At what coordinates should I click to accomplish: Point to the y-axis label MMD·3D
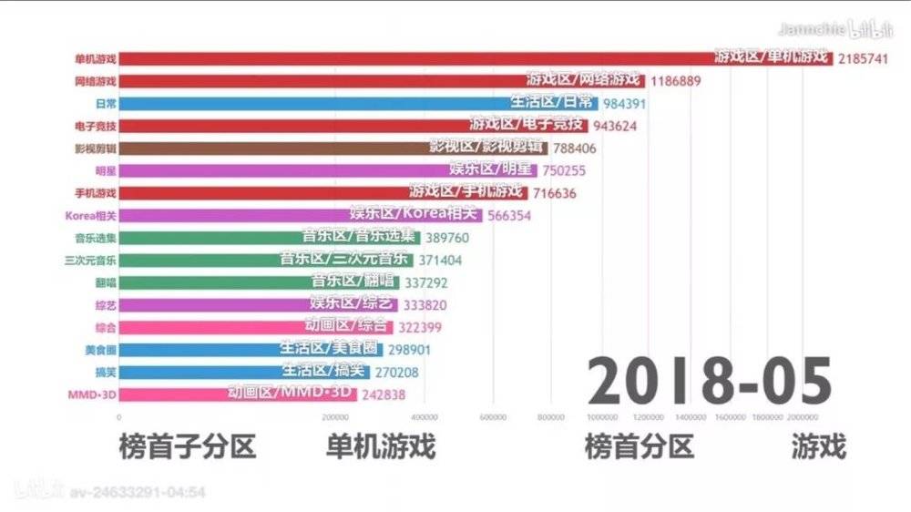click(x=92, y=394)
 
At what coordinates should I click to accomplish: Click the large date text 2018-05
click(x=709, y=381)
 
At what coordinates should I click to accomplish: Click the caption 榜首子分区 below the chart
click(x=187, y=447)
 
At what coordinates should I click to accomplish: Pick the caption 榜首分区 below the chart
click(x=639, y=447)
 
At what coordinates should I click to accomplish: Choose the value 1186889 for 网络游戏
click(x=675, y=80)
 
